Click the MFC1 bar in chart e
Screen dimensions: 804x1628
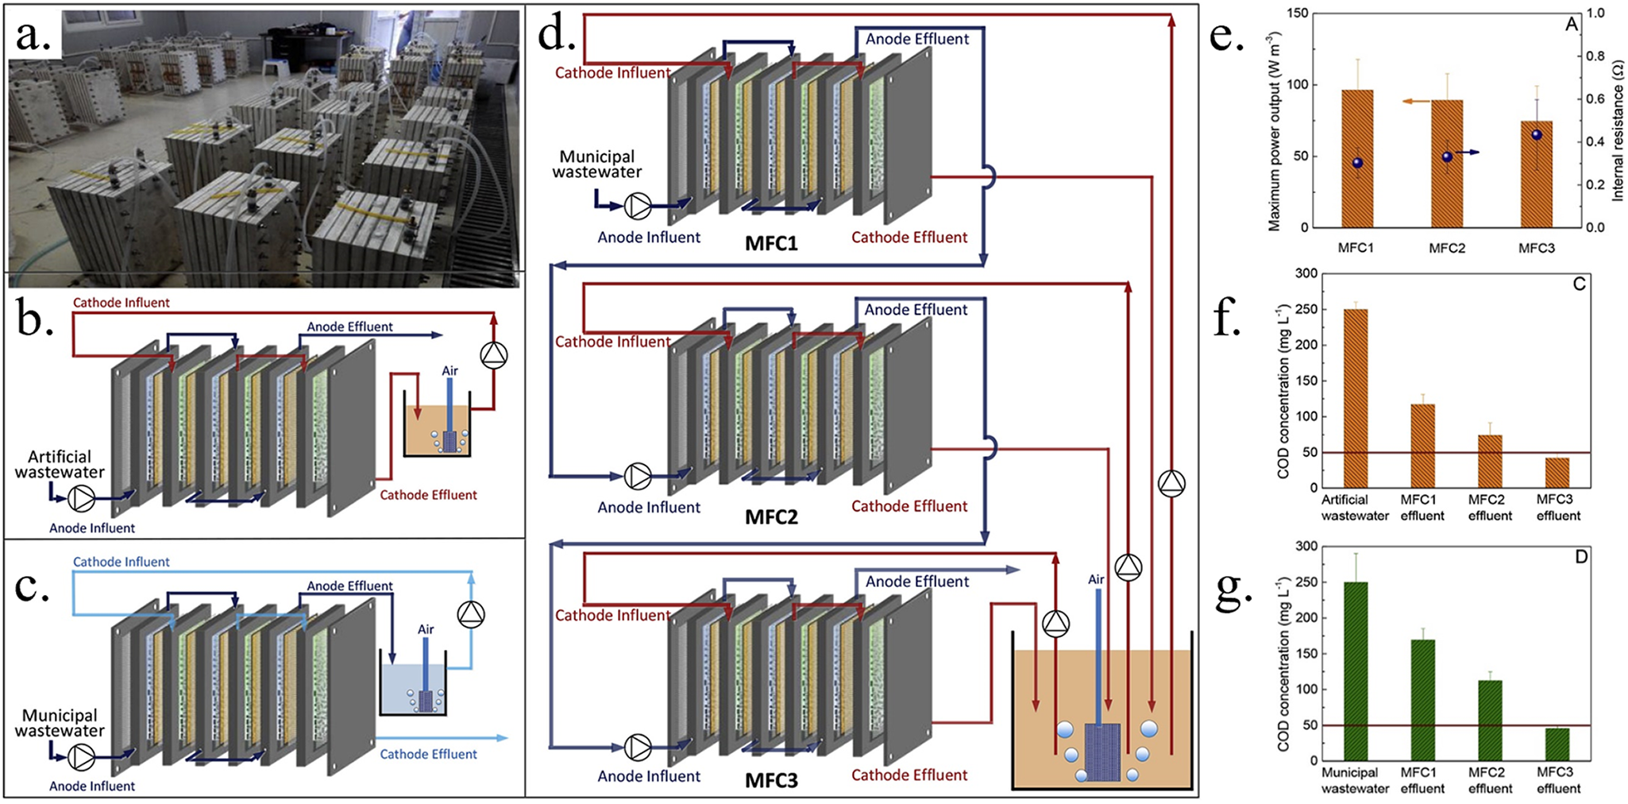tap(1357, 159)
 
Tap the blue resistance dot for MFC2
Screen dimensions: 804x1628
tap(1447, 157)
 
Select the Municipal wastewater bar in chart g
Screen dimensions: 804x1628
tap(1356, 671)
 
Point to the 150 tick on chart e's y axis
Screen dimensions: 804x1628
tap(1298, 14)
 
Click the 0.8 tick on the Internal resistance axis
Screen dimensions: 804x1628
tap(1595, 56)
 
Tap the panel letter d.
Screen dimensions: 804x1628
tap(555, 33)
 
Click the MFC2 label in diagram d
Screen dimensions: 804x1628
tap(771, 517)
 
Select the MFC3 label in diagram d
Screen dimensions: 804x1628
tap(771, 781)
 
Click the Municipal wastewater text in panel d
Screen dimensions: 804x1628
tap(597, 164)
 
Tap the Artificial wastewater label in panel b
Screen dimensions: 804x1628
tap(60, 465)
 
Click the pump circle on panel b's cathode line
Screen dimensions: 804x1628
tap(494, 355)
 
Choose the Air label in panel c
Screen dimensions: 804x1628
tap(426, 630)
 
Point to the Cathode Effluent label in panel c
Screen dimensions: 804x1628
tap(428, 755)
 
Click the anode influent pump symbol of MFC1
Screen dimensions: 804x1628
tap(638, 206)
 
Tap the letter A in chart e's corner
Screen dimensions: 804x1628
tap(1571, 25)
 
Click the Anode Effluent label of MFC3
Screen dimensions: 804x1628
tap(917, 582)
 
